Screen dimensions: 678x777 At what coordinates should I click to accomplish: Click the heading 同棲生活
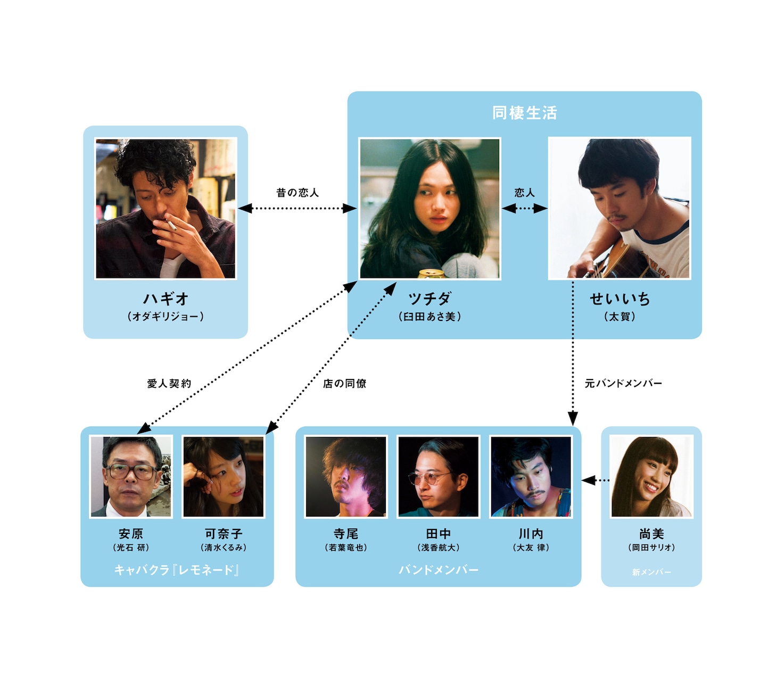coord(524,113)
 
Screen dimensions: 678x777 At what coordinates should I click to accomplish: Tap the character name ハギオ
coord(166,299)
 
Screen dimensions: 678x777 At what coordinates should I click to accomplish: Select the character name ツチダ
coord(429,299)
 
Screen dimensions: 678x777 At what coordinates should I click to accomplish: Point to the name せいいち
coord(619,299)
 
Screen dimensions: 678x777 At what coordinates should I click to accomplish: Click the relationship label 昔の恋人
coord(297,193)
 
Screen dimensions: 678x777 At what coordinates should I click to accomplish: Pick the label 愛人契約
coord(169,383)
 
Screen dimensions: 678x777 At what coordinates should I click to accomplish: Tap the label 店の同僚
coord(344,383)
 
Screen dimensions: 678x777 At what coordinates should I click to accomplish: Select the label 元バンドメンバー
coord(623,383)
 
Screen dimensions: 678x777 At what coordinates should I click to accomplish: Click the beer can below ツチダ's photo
coord(432,274)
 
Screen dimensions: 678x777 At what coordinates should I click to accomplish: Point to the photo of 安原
coord(131,477)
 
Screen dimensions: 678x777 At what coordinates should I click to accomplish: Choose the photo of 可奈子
coord(223,477)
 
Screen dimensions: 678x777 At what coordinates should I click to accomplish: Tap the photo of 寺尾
coord(346,477)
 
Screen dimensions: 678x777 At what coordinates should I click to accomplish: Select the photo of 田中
coord(439,477)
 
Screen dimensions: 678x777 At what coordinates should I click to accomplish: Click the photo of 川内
coord(531,477)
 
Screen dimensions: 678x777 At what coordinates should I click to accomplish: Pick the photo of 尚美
coord(651,477)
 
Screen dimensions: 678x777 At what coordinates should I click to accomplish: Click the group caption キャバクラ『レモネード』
coord(177,570)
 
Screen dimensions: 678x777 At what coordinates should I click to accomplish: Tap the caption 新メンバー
coord(651,572)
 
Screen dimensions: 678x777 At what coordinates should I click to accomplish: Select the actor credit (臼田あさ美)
coord(429,317)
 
